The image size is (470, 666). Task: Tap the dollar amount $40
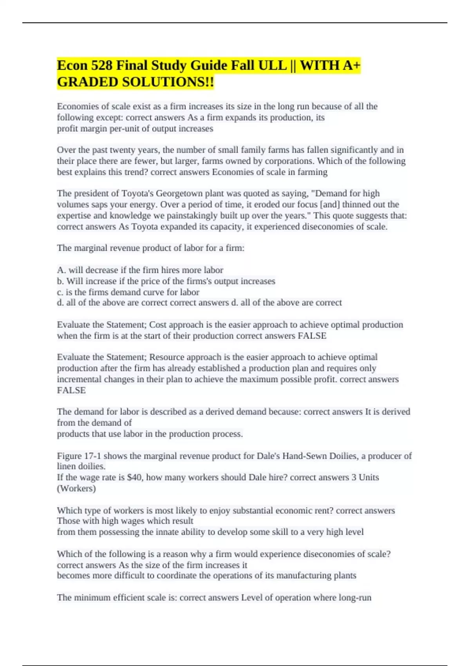point(134,478)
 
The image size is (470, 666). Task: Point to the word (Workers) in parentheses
point(76,489)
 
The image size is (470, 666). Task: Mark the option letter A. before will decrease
point(61,270)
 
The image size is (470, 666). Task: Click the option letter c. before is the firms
point(60,292)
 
